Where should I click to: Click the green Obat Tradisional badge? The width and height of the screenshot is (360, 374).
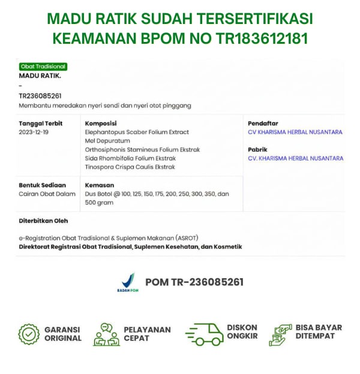coord(43,67)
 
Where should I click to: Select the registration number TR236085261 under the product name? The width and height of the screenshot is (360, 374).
coord(40,96)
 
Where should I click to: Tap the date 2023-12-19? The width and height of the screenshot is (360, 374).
coord(34,132)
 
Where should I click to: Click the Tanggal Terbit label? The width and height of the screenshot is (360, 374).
coord(40,123)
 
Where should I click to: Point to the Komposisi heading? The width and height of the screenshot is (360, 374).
coord(100,123)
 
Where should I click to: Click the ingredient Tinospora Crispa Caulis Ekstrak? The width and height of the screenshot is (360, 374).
coord(130,167)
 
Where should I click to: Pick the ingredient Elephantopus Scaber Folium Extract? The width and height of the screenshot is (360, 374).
coord(137,132)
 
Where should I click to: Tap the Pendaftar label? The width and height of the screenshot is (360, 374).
coord(263,123)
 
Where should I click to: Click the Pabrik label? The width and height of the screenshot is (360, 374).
coord(257,149)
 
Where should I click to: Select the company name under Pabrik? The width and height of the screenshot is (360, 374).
coord(295,158)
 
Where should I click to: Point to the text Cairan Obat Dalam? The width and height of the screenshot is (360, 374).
coord(47,194)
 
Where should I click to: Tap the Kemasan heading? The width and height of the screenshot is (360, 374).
coord(100,185)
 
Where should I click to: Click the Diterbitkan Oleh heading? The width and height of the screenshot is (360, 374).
coord(43,221)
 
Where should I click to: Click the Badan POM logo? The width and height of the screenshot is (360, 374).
coord(127,282)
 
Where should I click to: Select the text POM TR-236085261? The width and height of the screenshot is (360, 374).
coord(194,282)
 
